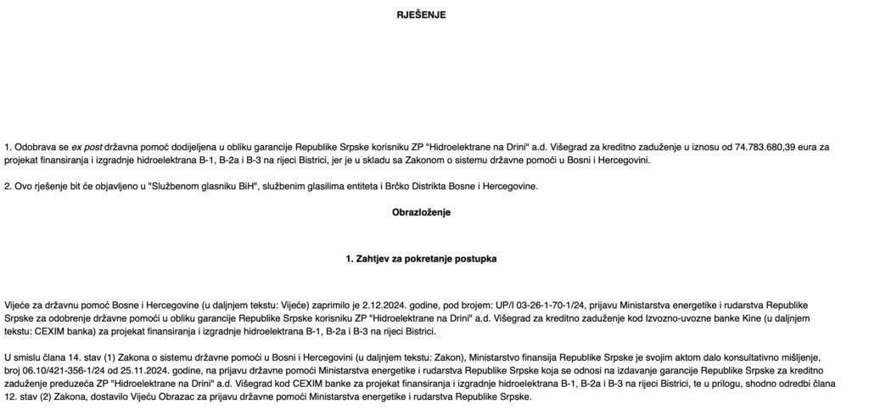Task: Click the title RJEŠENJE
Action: pyautogui.click(x=421, y=15)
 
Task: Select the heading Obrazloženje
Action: pyautogui.click(x=421, y=212)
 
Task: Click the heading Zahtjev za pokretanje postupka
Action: pyautogui.click(x=421, y=258)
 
